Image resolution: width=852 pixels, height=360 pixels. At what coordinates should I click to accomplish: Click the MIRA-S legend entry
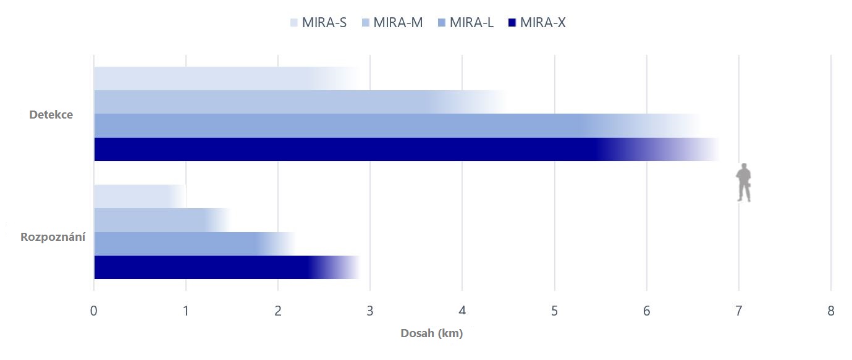[318, 23]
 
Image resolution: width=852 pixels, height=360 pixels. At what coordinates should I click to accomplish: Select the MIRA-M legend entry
[392, 23]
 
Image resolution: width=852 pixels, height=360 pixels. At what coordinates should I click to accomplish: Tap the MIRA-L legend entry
[465, 23]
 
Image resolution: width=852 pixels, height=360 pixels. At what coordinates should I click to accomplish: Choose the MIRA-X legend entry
[536, 23]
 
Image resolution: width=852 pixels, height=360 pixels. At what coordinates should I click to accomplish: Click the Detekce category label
[51, 115]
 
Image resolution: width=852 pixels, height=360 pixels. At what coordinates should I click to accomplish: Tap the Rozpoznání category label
[53, 237]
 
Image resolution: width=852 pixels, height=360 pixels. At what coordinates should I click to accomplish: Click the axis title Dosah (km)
[432, 334]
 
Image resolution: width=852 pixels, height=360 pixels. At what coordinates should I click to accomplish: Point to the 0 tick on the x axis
[93, 311]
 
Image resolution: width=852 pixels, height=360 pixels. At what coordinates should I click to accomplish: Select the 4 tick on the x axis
[462, 311]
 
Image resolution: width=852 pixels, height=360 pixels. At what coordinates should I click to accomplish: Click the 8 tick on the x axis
[830, 311]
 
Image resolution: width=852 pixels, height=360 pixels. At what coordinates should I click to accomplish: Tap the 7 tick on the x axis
[738, 311]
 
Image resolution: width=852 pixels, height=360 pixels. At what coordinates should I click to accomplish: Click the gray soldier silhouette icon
[744, 182]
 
